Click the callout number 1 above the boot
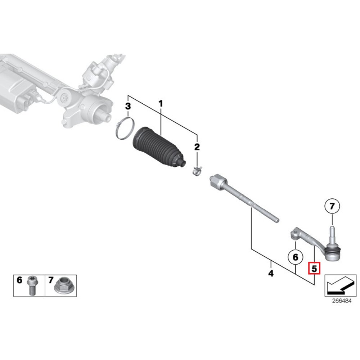161,104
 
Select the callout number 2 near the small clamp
197,147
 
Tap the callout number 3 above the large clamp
128,106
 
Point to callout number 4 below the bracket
271,273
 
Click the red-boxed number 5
314,268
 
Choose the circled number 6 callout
296,257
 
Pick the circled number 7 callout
332,206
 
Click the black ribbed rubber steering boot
158,149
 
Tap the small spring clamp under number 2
197,171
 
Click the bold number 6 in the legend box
19,280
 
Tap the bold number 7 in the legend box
51,280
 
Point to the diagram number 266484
342,301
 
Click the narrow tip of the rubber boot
183,163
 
